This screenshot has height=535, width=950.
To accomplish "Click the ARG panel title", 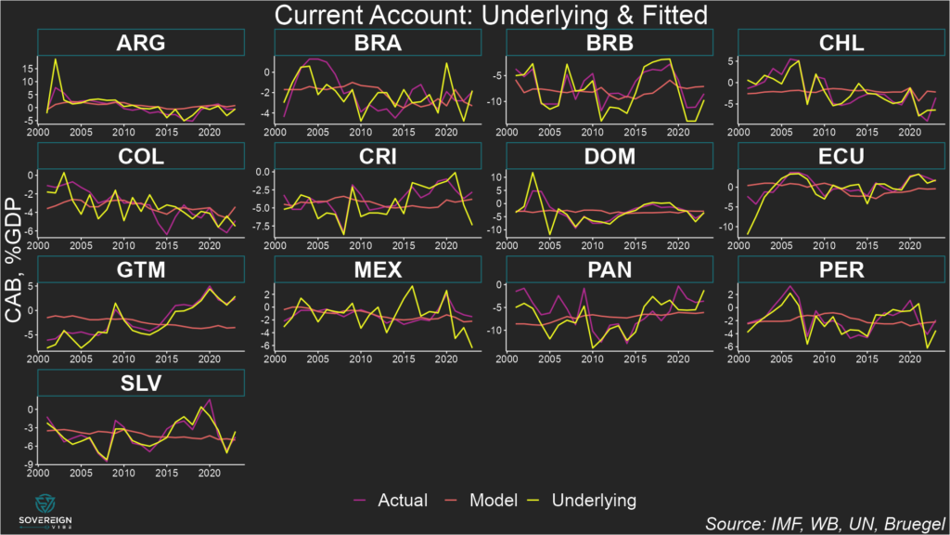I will tap(141, 43).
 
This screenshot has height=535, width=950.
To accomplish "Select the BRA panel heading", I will tap(378, 43).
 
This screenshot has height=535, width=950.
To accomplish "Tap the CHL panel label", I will tap(841, 43).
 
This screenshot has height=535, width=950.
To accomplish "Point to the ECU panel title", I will tap(841, 156).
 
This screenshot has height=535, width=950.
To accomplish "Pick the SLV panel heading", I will tap(141, 383).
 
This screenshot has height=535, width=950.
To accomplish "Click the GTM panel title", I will tap(141, 269).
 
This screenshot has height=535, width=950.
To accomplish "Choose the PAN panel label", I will tap(610, 269).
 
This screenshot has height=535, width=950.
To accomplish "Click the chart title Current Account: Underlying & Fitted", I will tap(475, 14).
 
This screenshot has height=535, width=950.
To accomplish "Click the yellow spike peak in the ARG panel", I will tap(56, 59).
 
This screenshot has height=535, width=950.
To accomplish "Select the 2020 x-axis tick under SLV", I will tap(210, 473).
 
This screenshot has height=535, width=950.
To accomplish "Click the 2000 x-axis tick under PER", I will tap(739, 359).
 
